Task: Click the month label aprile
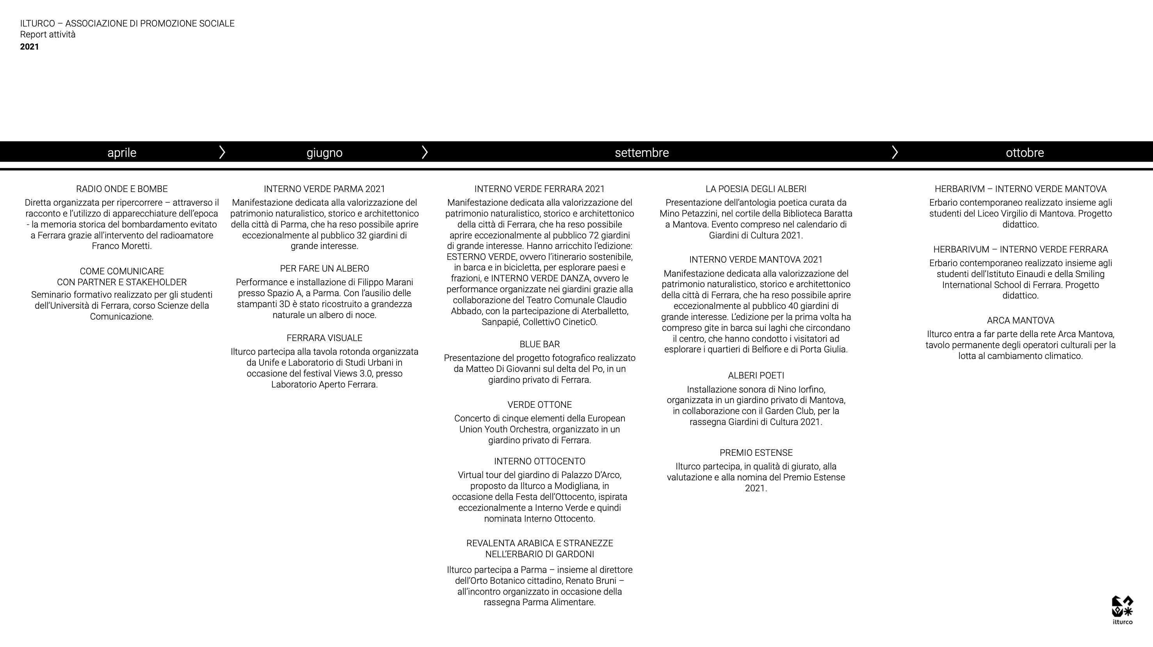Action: pyautogui.click(x=122, y=153)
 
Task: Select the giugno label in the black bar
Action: pyautogui.click(x=324, y=153)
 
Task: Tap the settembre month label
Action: pyautogui.click(x=641, y=153)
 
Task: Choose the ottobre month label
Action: pyautogui.click(x=1025, y=153)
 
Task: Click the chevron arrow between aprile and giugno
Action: pyautogui.click(x=222, y=152)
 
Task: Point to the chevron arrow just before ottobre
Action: pyautogui.click(x=894, y=152)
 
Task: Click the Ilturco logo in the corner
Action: pyautogui.click(x=1123, y=610)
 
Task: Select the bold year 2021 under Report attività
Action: pyautogui.click(x=30, y=46)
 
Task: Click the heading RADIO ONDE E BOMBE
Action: pyautogui.click(x=122, y=189)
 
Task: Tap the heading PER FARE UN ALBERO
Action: pyautogui.click(x=324, y=268)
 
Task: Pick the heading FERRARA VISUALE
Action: pyautogui.click(x=324, y=338)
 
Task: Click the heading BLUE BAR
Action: pyautogui.click(x=539, y=344)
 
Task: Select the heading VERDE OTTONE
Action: pyautogui.click(x=539, y=405)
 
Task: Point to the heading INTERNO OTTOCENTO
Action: pyautogui.click(x=539, y=461)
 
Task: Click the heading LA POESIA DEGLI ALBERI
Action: pyautogui.click(x=756, y=189)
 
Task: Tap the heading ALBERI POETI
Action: pyautogui.click(x=756, y=375)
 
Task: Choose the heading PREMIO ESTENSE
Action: pyautogui.click(x=756, y=452)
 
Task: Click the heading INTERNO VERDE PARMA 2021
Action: pyautogui.click(x=324, y=189)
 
